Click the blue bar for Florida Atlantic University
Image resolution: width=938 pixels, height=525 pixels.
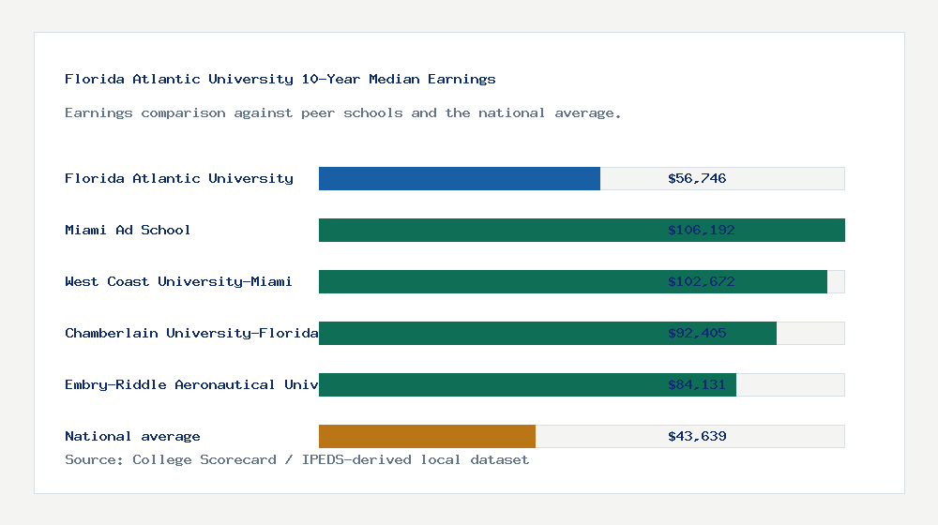[x=460, y=178]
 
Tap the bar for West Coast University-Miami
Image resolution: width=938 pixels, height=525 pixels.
[x=488, y=281]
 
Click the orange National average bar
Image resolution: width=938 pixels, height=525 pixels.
[x=427, y=436]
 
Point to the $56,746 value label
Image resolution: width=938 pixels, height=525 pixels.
[x=697, y=178]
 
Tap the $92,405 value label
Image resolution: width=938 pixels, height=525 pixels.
[x=697, y=333]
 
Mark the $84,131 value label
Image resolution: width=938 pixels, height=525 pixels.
[x=697, y=384]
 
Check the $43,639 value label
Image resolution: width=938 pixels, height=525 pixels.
[x=697, y=436]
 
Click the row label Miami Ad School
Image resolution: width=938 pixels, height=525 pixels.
[x=128, y=230]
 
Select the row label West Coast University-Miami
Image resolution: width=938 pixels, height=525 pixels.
[x=178, y=281]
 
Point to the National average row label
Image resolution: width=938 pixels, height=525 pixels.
[x=132, y=436]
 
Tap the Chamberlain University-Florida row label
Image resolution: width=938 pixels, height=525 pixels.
[x=191, y=333]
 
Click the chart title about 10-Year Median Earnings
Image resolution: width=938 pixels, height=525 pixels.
[x=280, y=79]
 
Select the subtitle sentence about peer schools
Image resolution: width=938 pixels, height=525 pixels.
[x=343, y=112]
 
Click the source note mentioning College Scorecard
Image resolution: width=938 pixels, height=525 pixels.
[x=296, y=459]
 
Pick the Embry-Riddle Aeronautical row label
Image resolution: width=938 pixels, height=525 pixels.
[x=191, y=384]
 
